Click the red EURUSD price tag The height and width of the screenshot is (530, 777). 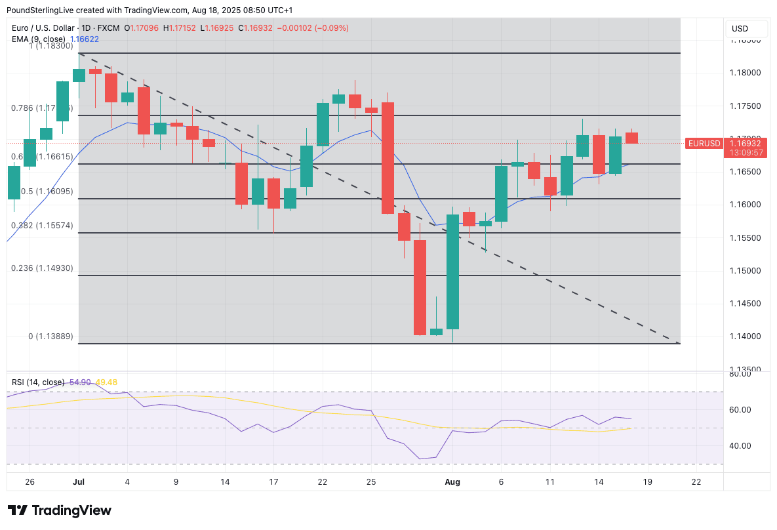(704, 143)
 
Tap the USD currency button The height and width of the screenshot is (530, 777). (740, 29)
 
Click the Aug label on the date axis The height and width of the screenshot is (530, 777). (453, 482)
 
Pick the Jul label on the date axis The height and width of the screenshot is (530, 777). (79, 482)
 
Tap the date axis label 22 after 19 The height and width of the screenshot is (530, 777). (696, 482)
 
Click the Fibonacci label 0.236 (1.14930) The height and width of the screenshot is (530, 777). (43, 268)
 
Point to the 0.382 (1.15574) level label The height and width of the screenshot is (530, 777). (43, 226)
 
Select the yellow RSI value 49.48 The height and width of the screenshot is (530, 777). (106, 382)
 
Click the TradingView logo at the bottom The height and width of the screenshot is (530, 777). (60, 510)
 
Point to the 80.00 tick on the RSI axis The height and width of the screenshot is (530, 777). (742, 374)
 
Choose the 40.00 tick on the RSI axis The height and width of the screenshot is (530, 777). (742, 446)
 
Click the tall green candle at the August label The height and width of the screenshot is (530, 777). (452, 272)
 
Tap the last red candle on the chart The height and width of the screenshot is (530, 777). (631, 138)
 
